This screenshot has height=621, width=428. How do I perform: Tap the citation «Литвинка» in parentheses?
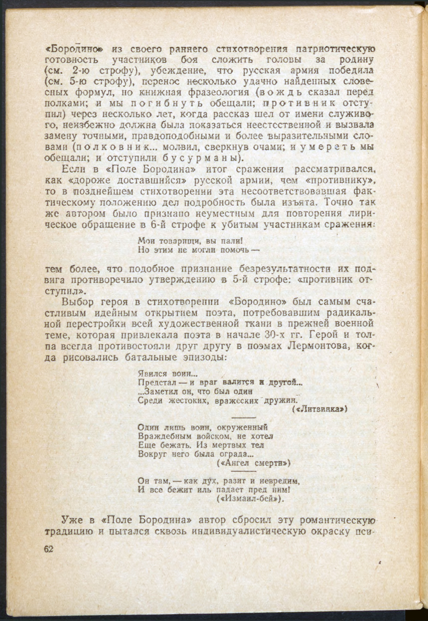320,409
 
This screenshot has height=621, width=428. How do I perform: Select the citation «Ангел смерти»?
253,463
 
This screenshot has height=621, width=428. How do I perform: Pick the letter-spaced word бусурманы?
200,158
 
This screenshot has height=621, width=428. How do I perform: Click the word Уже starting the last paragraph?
73,520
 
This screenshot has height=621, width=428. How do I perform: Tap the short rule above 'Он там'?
244,471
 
